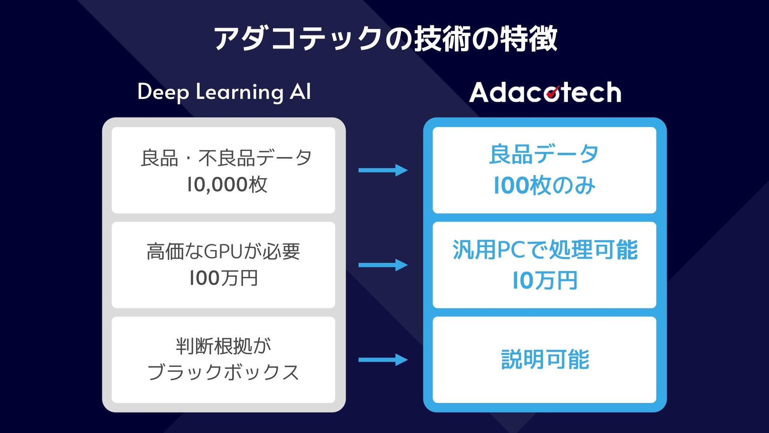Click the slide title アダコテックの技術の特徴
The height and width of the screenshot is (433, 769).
385,39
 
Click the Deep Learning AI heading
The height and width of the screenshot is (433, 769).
224,92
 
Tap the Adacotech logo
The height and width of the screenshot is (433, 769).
545,92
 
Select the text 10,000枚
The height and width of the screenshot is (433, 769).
227,184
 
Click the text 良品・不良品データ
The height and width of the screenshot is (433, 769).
226,158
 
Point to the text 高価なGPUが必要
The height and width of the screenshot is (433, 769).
223,251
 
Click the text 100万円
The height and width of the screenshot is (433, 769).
223,278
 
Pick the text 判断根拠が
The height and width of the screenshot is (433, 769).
223,346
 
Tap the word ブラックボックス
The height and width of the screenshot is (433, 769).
223,372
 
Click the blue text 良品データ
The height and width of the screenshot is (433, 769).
544,154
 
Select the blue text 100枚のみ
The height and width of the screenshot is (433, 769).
544,186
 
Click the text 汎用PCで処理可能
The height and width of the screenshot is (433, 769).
545,250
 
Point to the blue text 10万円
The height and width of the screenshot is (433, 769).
545,281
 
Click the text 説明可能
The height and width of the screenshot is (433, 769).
545,360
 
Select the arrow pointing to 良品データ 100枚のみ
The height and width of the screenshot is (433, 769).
383,170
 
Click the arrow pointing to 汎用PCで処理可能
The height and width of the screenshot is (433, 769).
383,265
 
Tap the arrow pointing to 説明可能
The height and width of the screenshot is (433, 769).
383,360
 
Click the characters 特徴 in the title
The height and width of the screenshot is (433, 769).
529,39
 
